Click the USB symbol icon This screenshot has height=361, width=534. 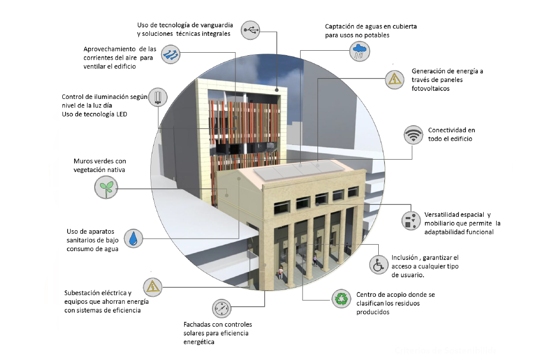coord(250,30)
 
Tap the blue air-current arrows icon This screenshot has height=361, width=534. coord(170,54)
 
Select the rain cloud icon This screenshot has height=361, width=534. coord(360,51)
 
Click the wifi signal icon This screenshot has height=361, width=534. coord(413,134)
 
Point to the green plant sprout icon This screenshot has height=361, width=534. coord(106,187)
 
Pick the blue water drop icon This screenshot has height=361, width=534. coord(133,238)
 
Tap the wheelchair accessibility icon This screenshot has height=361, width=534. coord(379,265)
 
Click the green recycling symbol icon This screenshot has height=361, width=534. coord(341,299)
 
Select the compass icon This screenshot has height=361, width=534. coord(221,309)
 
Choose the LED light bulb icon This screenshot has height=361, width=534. coord(158,97)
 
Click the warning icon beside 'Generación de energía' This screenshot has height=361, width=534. coord(395,80)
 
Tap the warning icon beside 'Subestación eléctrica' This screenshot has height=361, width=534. coord(152,287)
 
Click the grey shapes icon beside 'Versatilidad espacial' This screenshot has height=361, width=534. coord(411,220)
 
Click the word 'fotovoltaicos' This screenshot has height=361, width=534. coord(430,89)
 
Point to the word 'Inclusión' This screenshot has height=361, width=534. coord(404,258)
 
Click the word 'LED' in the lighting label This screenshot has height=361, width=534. coord(121,114)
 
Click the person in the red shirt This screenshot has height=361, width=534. coord(280,272)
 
